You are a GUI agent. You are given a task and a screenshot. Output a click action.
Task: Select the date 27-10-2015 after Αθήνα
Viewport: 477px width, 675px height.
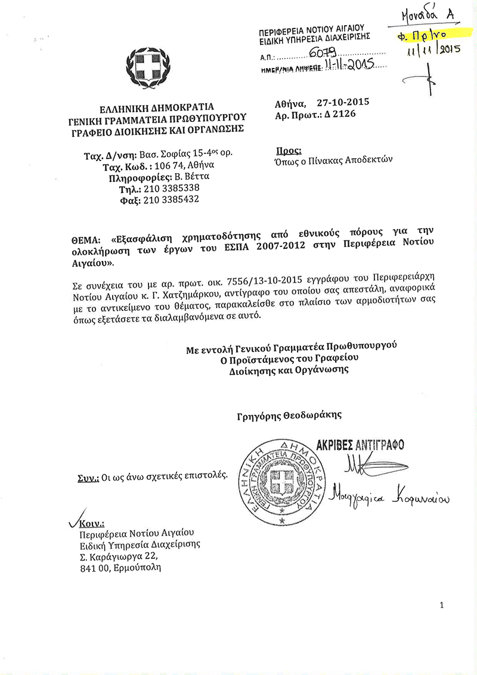click(x=343, y=102)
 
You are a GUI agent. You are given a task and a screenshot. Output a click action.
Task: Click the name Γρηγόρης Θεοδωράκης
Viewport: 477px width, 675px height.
click(x=289, y=415)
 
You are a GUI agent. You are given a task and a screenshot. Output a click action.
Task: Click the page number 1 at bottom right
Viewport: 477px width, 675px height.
click(x=441, y=605)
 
